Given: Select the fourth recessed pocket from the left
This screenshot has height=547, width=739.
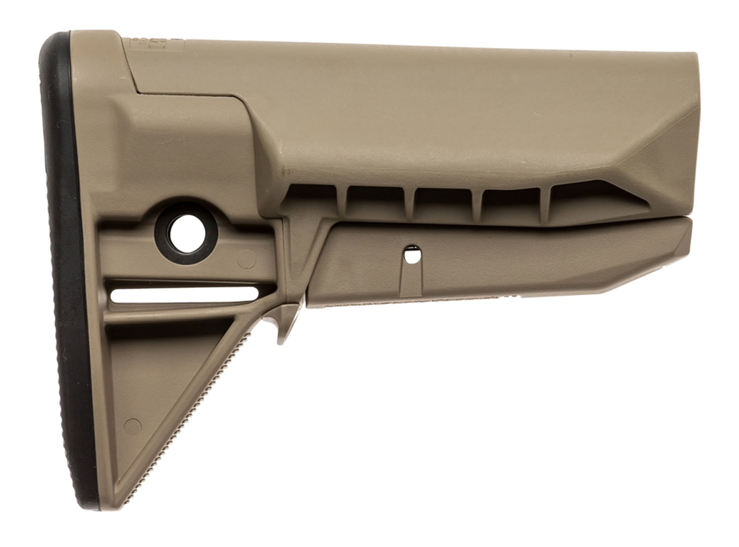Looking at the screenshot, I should pyautogui.click(x=512, y=202).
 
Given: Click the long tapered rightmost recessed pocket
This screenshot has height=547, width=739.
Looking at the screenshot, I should pyautogui.click(x=586, y=200).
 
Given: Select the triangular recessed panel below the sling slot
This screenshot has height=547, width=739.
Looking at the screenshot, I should pyautogui.click(x=163, y=384).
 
